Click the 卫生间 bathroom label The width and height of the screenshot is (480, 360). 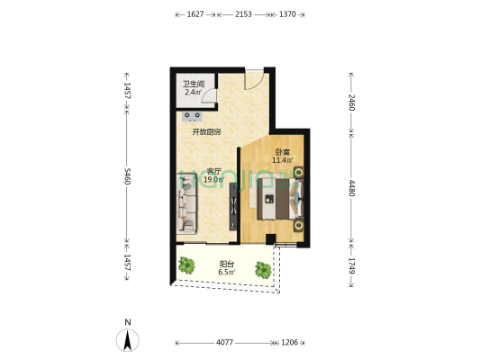click(194, 84)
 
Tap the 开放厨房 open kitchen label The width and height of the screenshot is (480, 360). click(206, 132)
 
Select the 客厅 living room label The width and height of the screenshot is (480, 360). click(213, 171)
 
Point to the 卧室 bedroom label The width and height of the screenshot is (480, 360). click(283, 152)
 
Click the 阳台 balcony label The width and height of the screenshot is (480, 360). click(227, 264)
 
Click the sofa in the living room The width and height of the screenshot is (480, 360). click(186, 204)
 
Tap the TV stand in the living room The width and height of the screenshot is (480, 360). click(233, 206)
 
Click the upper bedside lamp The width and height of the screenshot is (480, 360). click(298, 173)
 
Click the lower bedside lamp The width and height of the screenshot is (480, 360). click(298, 226)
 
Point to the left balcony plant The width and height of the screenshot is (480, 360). click(186, 265)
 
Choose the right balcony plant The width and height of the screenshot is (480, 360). click(263, 270)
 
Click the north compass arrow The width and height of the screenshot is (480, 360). click(127, 340)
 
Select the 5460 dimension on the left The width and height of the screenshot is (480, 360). click(127, 176)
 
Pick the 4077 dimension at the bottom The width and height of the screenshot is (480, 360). click(225, 343)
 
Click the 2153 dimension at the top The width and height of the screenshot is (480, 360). click(243, 14)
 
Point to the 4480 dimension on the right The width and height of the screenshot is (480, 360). click(352, 188)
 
